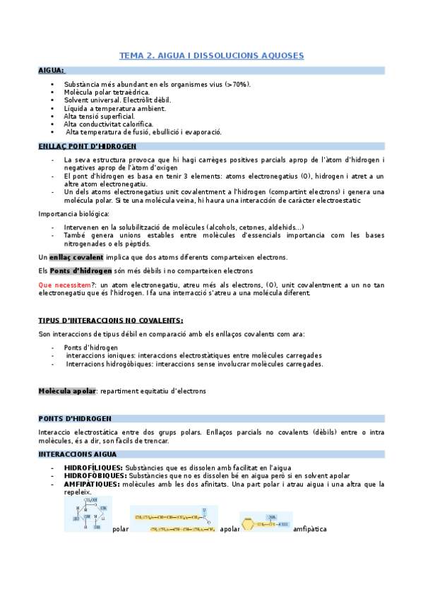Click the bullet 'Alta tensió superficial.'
tap(99, 116)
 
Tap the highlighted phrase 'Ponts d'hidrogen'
tap(81, 271)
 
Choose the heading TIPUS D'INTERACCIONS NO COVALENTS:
tap(110, 320)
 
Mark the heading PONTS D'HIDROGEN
tap(75, 418)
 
